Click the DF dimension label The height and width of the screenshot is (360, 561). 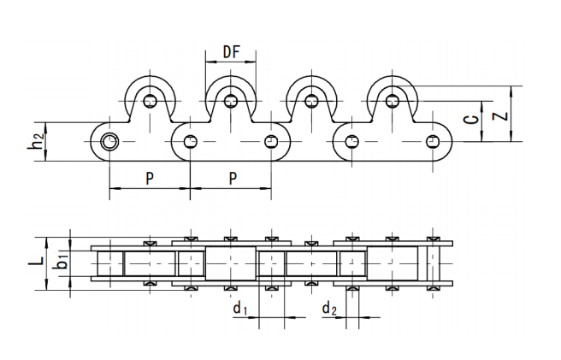[x=230, y=53]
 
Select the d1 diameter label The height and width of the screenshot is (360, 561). [x=240, y=307]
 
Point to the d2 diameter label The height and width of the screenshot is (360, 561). [x=328, y=307]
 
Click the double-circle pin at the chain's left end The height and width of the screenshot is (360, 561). [x=109, y=141]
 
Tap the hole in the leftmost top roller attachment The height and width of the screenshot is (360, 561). [x=151, y=101]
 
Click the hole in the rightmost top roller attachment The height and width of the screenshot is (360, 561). [x=392, y=101]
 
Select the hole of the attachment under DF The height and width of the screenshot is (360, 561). [x=230, y=101]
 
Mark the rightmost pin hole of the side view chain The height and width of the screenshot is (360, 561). [x=433, y=141]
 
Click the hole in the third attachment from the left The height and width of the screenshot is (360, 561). [x=311, y=101]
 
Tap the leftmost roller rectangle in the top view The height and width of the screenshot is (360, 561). [x=110, y=262]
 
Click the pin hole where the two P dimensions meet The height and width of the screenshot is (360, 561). [x=189, y=141]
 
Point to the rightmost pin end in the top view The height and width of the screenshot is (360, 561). [x=433, y=262]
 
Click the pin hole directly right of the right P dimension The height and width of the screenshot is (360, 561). [x=271, y=141]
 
